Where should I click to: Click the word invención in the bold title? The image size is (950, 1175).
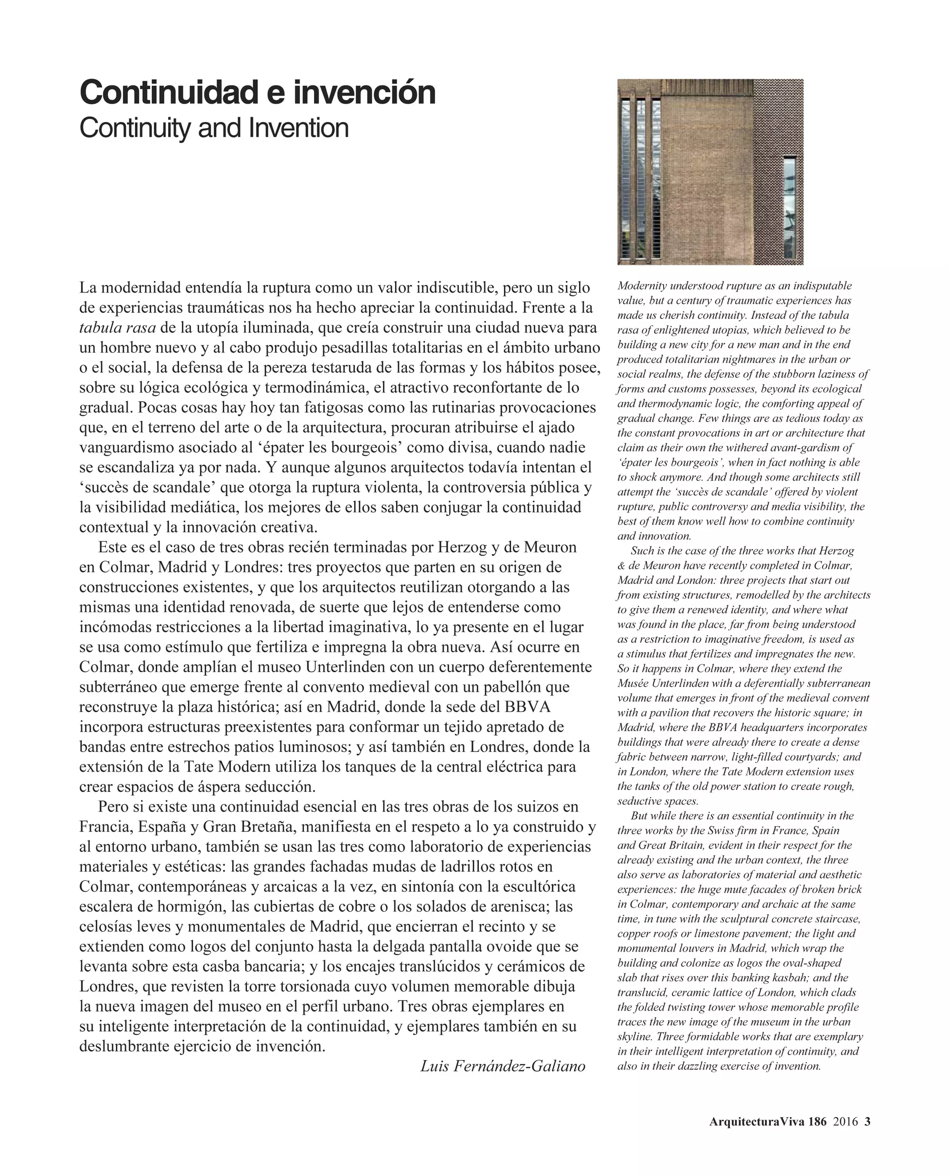(x=364, y=93)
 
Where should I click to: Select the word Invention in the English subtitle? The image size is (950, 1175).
(x=298, y=129)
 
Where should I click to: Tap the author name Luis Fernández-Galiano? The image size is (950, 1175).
(x=503, y=1066)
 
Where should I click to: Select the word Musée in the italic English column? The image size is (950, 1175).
(x=632, y=683)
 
